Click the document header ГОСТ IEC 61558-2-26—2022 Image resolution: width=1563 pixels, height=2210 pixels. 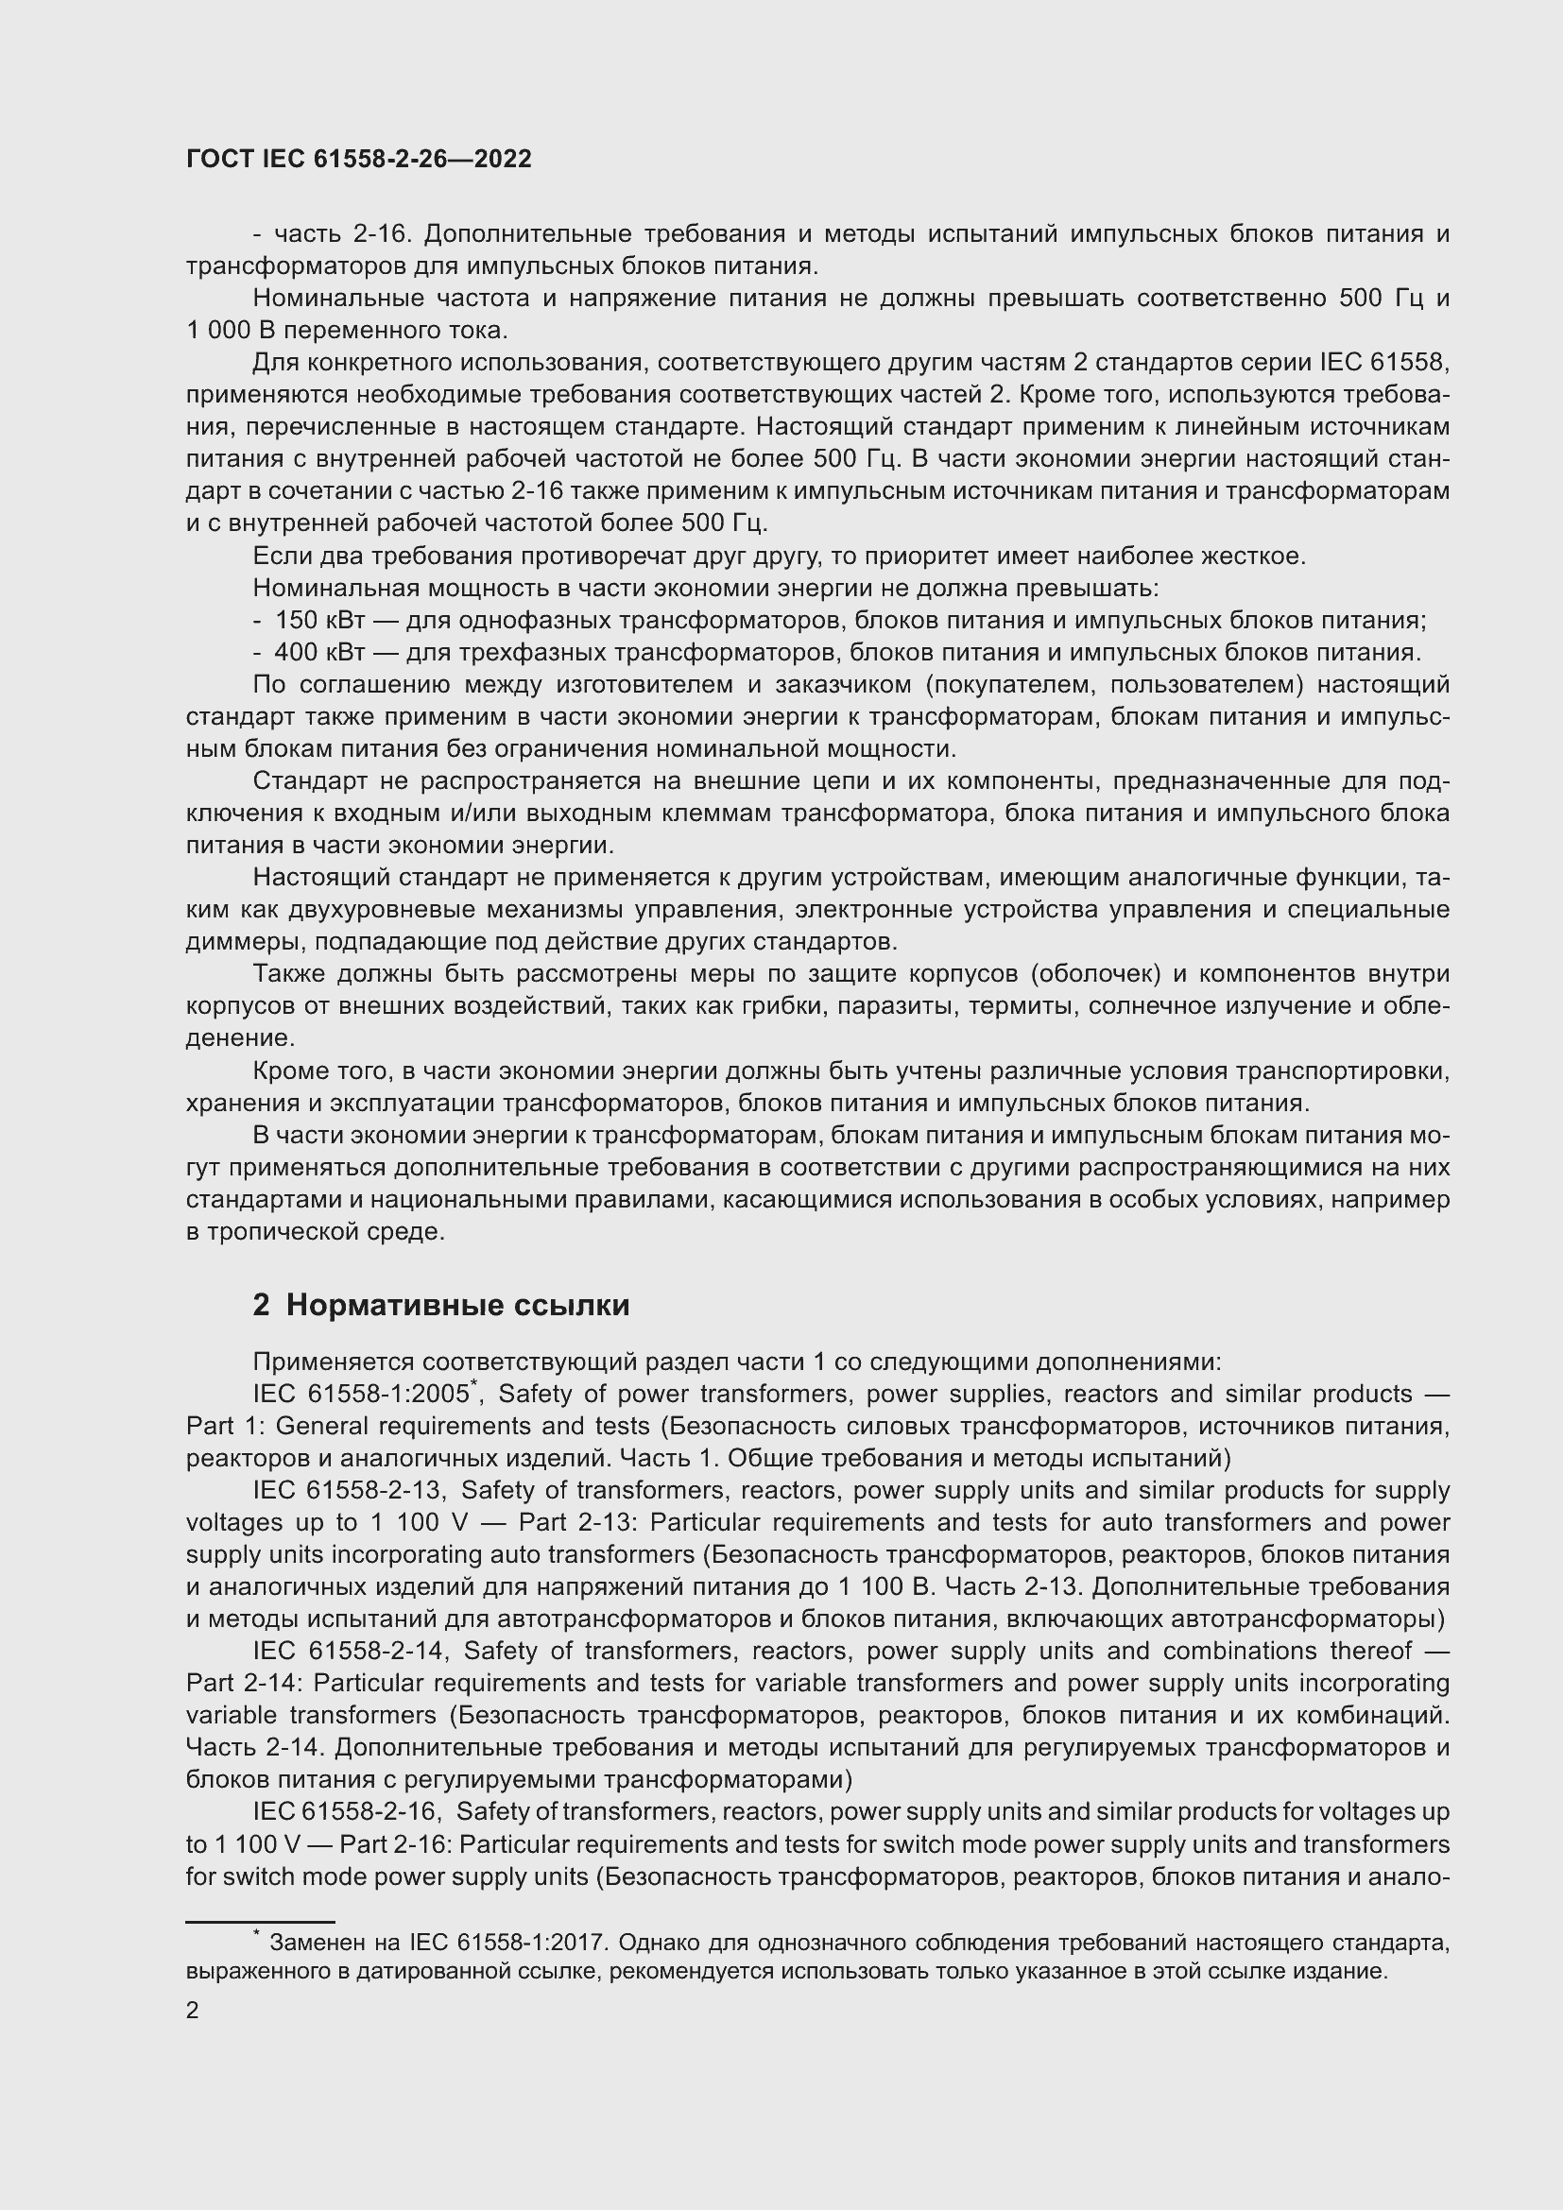[358, 160]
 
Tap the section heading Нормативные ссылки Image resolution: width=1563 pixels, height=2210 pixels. [457, 1305]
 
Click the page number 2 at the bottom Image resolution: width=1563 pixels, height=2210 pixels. [193, 2011]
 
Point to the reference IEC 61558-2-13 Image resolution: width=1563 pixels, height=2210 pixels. [348, 1491]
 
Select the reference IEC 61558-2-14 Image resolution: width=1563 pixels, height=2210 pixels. [348, 1652]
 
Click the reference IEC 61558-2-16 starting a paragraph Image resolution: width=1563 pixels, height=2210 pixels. [345, 1812]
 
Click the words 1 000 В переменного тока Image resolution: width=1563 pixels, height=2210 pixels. [347, 330]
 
